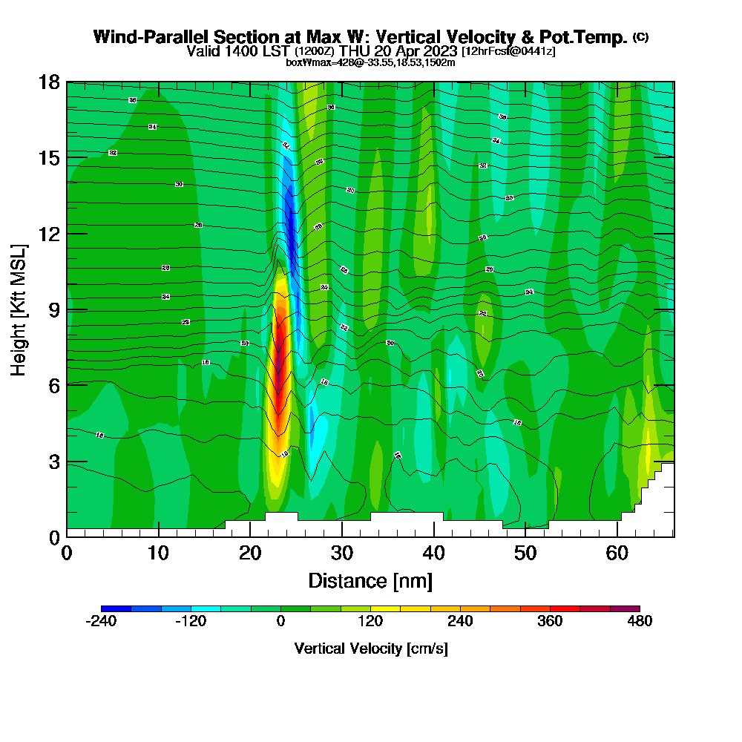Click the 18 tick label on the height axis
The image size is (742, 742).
pos(49,82)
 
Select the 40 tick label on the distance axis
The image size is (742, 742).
pos(433,553)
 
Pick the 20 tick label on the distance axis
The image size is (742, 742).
pos(250,553)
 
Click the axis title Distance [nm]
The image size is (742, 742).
pos(370,580)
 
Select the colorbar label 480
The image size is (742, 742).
pos(639,621)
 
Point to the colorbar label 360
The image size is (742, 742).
pos(549,621)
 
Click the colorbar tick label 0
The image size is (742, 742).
pos(280,621)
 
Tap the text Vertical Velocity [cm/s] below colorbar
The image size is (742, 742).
pos(370,649)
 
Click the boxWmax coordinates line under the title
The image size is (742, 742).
pos(370,62)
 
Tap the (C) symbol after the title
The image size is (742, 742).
pos(640,36)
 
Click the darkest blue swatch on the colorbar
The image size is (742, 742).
pos(116,608)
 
